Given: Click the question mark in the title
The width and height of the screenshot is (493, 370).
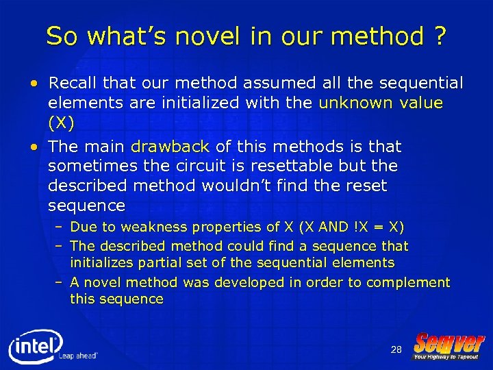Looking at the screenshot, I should (x=438, y=36).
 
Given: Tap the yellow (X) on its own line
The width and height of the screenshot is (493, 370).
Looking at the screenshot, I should (x=60, y=123).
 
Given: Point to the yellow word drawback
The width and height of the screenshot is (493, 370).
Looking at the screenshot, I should (x=170, y=147).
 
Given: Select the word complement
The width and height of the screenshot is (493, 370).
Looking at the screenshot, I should (x=408, y=282).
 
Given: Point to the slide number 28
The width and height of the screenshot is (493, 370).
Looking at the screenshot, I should (x=396, y=350).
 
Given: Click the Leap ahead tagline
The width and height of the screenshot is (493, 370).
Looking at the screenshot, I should (x=78, y=356).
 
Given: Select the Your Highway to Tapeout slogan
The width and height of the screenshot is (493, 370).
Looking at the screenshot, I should (x=446, y=356).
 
